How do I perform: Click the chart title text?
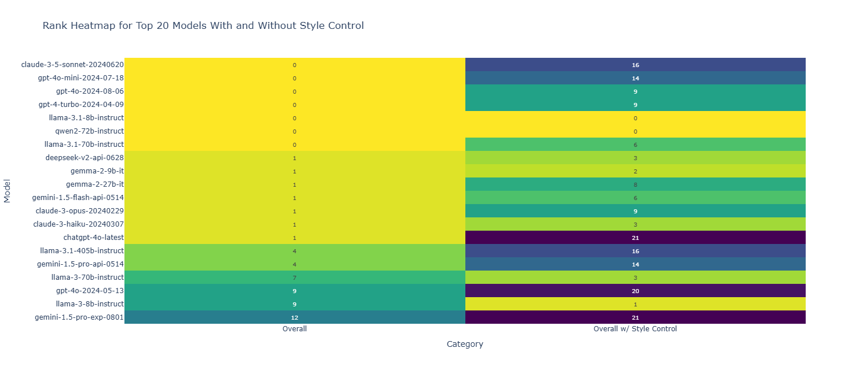(203, 25)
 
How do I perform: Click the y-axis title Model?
(7, 191)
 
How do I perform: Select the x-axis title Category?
(465, 344)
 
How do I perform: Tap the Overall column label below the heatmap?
(295, 328)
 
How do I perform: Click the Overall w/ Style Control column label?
(635, 328)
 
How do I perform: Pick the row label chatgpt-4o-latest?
(94, 238)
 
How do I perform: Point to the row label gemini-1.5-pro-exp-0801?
(79, 317)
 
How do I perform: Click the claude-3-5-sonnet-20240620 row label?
(72, 65)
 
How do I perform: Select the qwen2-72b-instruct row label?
(89, 131)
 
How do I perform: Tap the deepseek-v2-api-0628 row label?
(85, 158)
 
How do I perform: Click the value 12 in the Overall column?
(295, 317)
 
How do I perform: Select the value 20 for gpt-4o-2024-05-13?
(635, 291)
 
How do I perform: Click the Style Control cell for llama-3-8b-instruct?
(635, 304)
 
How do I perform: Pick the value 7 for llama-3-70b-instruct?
(295, 277)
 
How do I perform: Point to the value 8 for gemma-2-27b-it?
(635, 184)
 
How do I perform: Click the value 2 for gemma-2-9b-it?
(635, 171)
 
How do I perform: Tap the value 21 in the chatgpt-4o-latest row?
(635, 238)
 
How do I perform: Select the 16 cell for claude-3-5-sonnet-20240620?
(635, 65)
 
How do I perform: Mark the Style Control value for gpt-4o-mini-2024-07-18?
(635, 78)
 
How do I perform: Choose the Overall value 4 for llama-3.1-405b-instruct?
(295, 251)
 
